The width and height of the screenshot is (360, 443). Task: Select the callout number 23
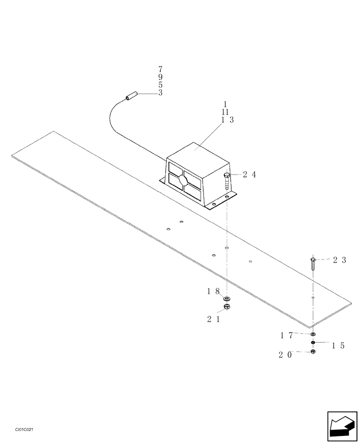pos(340,260)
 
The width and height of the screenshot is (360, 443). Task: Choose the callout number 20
pos(285,354)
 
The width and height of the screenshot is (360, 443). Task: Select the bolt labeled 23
pos(313,264)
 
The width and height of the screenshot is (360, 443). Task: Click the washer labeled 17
pos(313,334)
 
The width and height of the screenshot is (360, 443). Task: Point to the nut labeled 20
pos(313,351)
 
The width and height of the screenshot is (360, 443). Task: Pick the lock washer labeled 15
pos(313,342)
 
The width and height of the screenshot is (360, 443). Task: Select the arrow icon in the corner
pos(342,426)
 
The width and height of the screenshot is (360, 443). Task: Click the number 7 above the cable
pos(160,69)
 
